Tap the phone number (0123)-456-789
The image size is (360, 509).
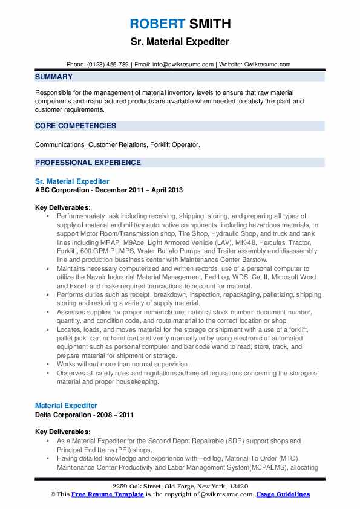pyautogui.click(x=108, y=64)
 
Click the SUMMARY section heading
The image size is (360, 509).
pyautogui.click(x=54, y=77)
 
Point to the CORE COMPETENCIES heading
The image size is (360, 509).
pyautogui.click(x=76, y=126)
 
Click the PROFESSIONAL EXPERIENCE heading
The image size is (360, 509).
pyautogui.click(x=88, y=162)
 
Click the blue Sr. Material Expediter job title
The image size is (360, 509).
pyautogui.click(x=72, y=181)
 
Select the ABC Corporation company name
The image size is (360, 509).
pyautogui.click(x=62, y=190)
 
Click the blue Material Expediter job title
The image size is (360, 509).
pyautogui.click(x=66, y=406)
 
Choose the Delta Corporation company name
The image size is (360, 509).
pyautogui.click(x=64, y=415)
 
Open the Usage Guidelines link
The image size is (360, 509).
pyautogui.click(x=283, y=494)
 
